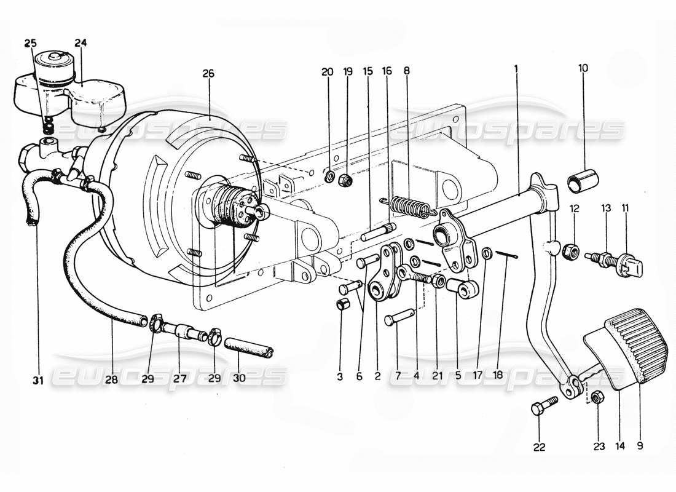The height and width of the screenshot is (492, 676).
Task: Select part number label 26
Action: (x=208, y=73)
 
